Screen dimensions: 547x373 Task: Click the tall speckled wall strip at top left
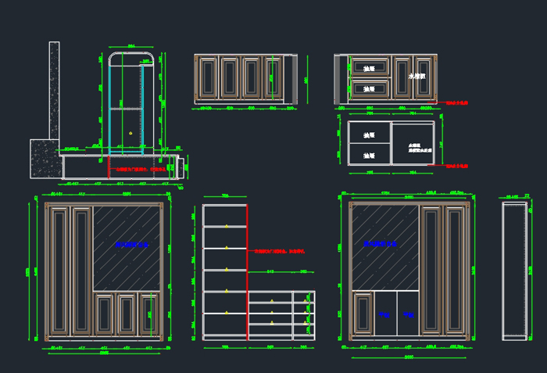coord(55,90)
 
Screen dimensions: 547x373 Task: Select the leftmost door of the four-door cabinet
coord(207,78)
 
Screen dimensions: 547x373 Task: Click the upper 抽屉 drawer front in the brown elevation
coord(370,68)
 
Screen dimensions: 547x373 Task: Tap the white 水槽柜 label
coord(416,77)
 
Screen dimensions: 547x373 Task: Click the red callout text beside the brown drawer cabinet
coord(457,102)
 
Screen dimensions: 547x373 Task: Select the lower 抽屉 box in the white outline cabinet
coord(370,156)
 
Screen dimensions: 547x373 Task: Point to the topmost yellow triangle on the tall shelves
coord(226,226)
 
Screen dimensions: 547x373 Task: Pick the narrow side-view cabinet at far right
coord(513,270)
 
